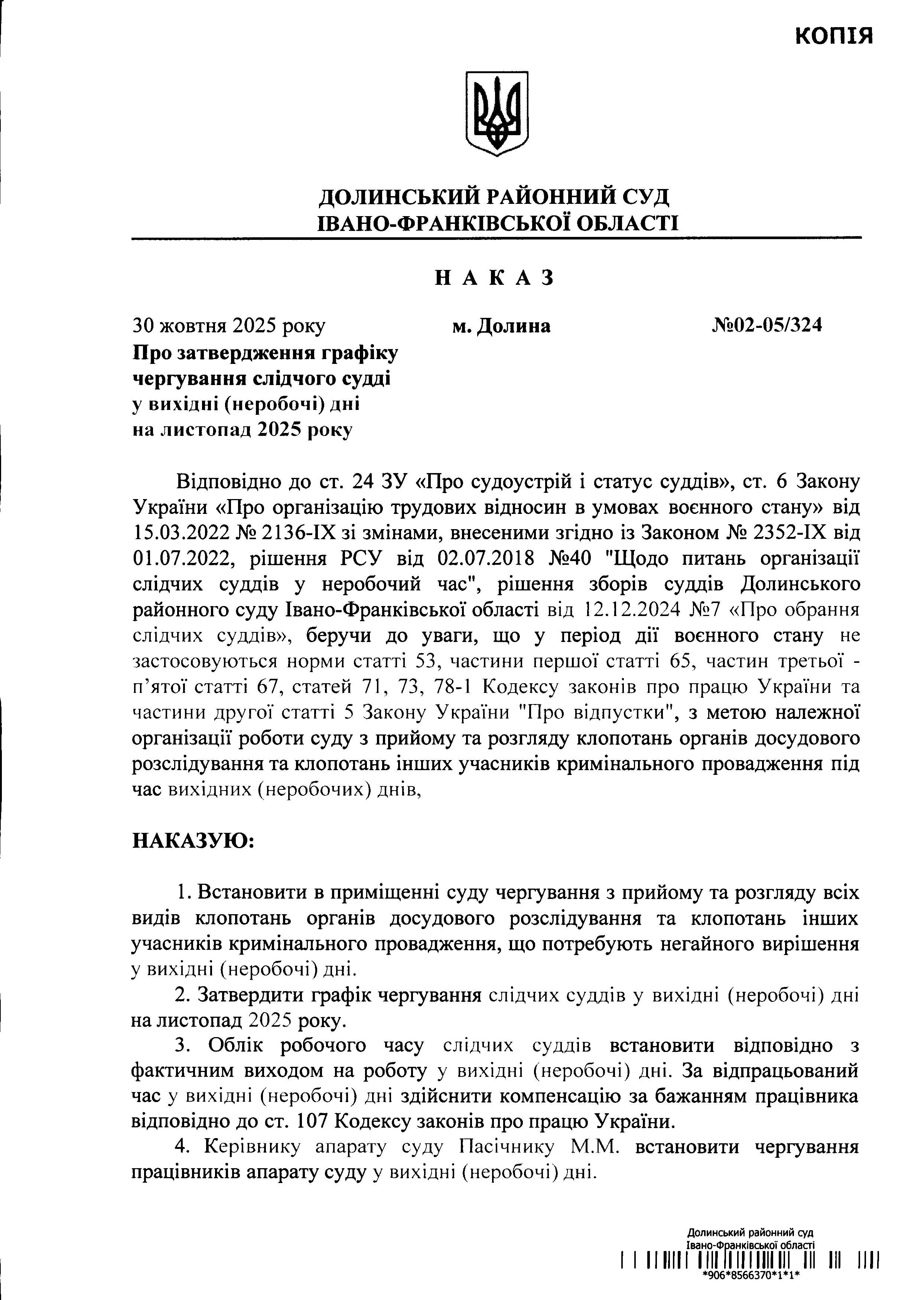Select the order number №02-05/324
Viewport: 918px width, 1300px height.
click(x=767, y=326)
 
